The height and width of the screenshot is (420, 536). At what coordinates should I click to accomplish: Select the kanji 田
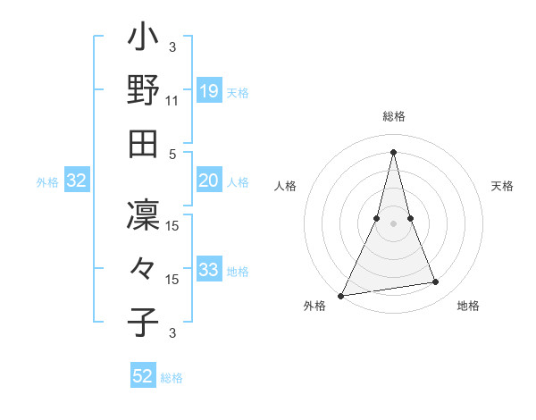(144, 143)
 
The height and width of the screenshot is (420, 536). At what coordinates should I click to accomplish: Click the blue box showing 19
(209, 91)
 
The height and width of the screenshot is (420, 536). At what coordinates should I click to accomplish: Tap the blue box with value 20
(209, 181)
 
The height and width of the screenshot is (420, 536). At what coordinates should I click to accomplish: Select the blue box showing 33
(209, 270)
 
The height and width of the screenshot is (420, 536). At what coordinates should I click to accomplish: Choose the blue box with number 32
(76, 181)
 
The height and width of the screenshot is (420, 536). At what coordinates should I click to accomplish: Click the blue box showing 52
(143, 376)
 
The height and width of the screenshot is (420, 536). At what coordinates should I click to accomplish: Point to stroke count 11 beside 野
(172, 101)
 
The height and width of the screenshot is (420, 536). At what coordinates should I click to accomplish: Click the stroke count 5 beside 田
(172, 154)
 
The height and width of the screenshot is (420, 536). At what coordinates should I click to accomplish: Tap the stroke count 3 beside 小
(172, 47)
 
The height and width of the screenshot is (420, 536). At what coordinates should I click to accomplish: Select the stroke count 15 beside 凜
(172, 226)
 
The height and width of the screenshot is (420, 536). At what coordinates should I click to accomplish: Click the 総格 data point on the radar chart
(393, 151)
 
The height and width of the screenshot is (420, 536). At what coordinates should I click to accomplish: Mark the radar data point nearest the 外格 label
(340, 295)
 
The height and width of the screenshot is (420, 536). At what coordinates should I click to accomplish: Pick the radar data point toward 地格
(436, 282)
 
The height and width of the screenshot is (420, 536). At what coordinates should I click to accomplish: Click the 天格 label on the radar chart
(503, 186)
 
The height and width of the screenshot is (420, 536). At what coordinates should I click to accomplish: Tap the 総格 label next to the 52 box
(172, 378)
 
